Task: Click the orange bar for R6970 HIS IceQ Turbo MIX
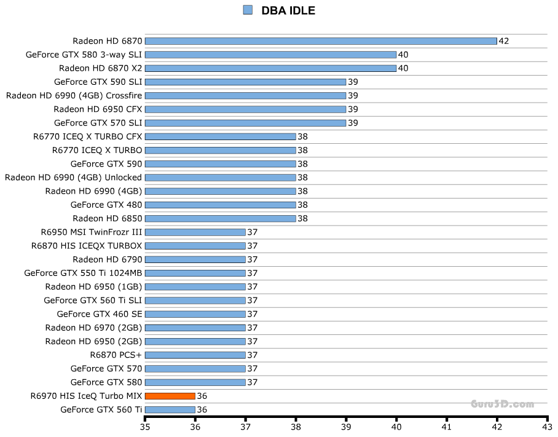pyautogui.click(x=170, y=396)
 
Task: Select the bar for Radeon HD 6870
pyautogui.click(x=320, y=41)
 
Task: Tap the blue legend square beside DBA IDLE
pyautogui.click(x=248, y=10)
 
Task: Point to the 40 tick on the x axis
pyautogui.click(x=396, y=425)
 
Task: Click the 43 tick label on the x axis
pyautogui.click(x=547, y=425)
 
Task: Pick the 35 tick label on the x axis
pyautogui.click(x=145, y=425)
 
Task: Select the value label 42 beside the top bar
pyautogui.click(x=504, y=41)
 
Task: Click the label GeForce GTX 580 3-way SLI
pyautogui.click(x=84, y=55)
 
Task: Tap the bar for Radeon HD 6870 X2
pyautogui.click(x=270, y=68)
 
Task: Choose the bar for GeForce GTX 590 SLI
pyautogui.click(x=245, y=82)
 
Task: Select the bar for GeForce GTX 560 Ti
pyautogui.click(x=170, y=409)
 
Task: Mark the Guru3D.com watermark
pyautogui.click(x=502, y=404)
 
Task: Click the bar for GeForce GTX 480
pyautogui.click(x=220, y=205)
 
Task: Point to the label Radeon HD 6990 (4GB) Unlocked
pyautogui.click(x=74, y=178)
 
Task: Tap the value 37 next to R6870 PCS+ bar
pyautogui.click(x=252, y=355)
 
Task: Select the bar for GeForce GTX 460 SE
pyautogui.click(x=195, y=314)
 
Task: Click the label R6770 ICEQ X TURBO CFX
pyautogui.click(x=88, y=136)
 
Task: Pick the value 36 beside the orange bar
pyautogui.click(x=202, y=396)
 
